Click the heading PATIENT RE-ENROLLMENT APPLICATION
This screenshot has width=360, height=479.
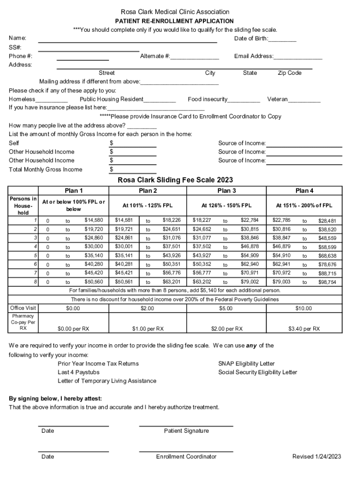click(x=174, y=21)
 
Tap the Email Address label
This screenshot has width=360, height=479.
click(x=253, y=56)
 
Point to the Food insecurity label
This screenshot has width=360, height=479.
click(x=208, y=99)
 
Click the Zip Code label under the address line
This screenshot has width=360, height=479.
click(x=289, y=73)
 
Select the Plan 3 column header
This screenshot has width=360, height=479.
click(x=226, y=190)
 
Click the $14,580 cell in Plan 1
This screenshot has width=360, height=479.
click(x=94, y=220)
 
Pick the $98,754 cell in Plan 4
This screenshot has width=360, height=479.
click(x=327, y=283)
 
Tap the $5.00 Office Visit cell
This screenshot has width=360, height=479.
click(x=226, y=308)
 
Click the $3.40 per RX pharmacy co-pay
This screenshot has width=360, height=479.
click(x=304, y=329)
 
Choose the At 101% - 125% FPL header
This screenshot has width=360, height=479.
click(x=147, y=205)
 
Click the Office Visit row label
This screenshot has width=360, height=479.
click(x=23, y=308)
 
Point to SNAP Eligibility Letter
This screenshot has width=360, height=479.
click(x=246, y=363)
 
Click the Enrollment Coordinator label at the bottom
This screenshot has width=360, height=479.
click(x=186, y=457)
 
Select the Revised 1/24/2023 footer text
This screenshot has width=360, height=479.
click(x=317, y=457)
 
